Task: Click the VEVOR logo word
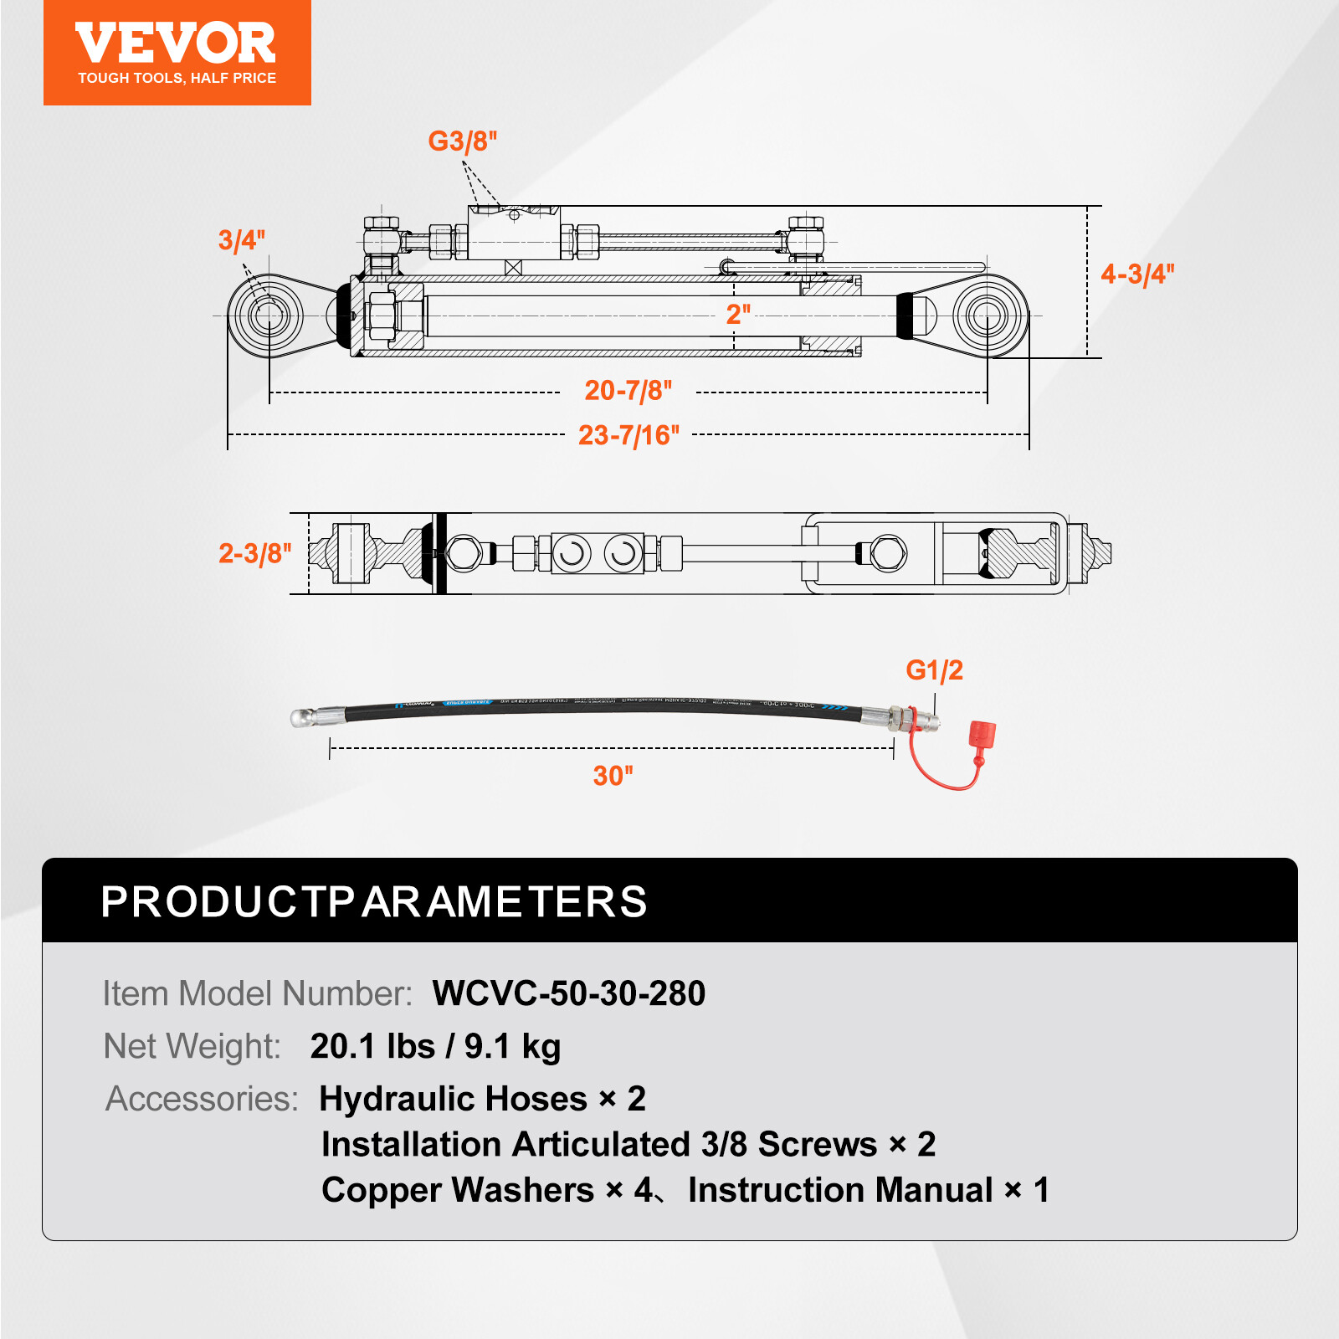point(176,44)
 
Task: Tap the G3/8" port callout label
point(462,141)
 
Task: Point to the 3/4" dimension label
point(241,240)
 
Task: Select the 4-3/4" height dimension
point(1136,274)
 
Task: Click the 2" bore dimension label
point(737,314)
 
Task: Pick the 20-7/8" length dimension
point(628,390)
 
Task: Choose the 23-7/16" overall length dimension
point(628,435)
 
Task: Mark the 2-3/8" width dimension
point(254,553)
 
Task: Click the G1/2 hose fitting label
point(934,669)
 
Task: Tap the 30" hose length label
point(613,775)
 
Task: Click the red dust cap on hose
point(982,735)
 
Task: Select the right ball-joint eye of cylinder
point(988,316)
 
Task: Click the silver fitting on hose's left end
point(316,716)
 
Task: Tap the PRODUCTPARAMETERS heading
point(373,901)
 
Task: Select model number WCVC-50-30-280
point(568,993)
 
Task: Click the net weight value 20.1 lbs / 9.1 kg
point(435,1046)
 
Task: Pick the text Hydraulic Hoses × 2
point(482,1098)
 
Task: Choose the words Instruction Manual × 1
point(868,1189)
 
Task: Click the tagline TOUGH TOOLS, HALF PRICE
point(177,78)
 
